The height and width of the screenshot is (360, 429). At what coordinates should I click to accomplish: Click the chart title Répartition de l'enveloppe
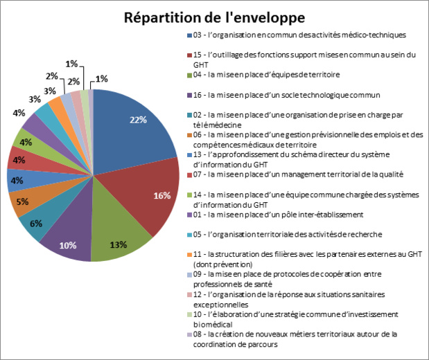tap(214, 17)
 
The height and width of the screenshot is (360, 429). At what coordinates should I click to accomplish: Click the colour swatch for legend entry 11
tap(188, 254)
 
